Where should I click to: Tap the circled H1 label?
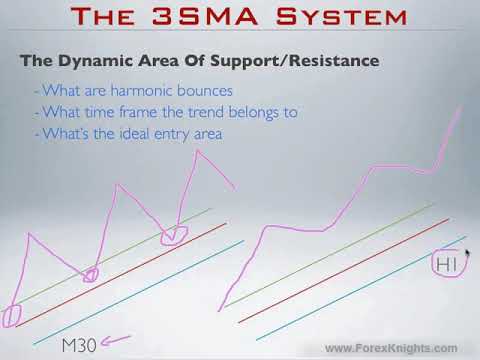[x=447, y=265]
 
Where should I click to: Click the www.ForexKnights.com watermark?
[x=391, y=347]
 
